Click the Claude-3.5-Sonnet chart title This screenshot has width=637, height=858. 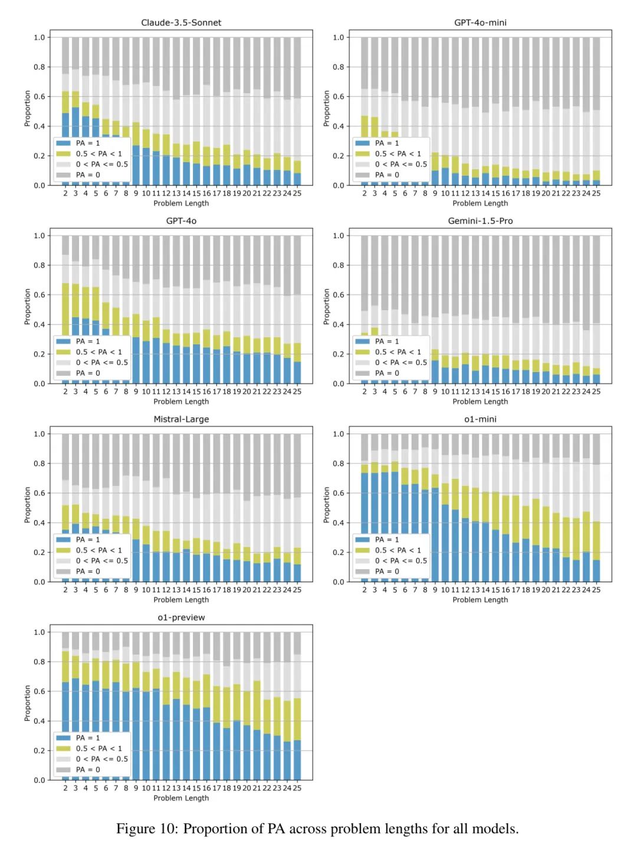tap(181, 22)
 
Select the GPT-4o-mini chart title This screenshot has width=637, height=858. tap(480, 22)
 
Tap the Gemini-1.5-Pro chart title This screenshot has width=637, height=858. tap(480, 221)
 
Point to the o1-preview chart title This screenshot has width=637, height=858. tap(181, 617)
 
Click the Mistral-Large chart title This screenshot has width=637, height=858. tap(181, 419)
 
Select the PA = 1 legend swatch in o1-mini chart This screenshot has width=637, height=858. tap(363, 540)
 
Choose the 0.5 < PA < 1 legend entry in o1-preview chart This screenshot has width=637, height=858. tap(98, 748)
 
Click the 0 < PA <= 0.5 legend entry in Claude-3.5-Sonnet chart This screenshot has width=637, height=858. tap(101, 165)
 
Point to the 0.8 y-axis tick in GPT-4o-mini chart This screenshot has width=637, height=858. tap(338, 67)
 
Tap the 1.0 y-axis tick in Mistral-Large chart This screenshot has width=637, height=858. tap(39, 434)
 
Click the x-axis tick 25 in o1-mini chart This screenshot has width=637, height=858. tap(596, 590)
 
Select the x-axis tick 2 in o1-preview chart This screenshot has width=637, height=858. tap(65, 788)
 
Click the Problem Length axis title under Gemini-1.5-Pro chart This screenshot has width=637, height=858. tap(480, 402)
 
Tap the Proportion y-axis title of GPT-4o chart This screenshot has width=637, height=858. tap(27, 307)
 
